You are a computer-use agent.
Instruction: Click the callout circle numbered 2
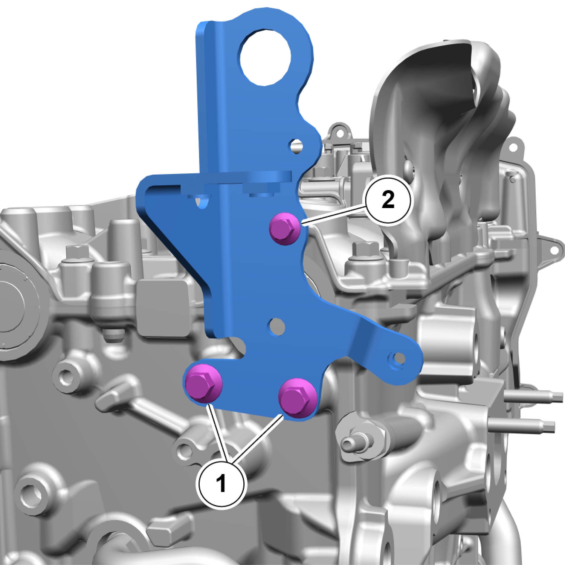[x=388, y=199]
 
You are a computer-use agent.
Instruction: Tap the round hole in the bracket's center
[x=277, y=326]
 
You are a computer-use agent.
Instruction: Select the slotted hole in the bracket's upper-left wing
[x=202, y=201]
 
